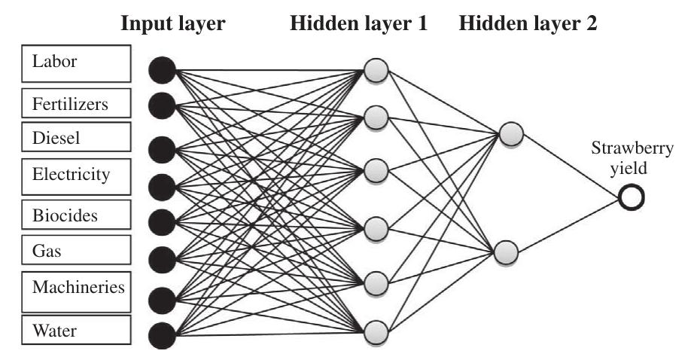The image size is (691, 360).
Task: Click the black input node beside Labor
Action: tap(162, 71)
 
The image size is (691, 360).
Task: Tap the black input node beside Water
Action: tap(162, 335)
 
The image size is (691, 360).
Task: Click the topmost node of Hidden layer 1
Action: tap(376, 71)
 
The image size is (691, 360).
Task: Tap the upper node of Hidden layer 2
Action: tap(510, 133)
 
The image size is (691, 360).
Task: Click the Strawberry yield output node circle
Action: tap(629, 197)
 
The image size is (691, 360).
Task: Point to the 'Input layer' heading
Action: tap(174, 23)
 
